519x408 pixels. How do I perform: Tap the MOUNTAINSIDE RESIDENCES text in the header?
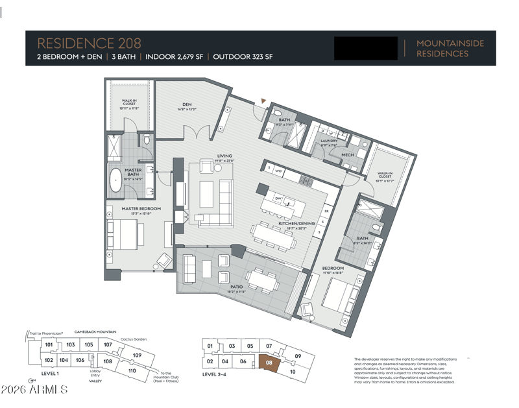click(450, 48)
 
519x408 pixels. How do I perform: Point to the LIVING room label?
click(224, 156)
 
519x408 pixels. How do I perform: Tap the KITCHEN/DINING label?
click(296, 223)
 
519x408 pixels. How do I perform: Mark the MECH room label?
click(348, 155)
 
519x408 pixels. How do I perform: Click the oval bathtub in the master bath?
click(117, 179)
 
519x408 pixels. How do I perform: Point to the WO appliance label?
click(278, 171)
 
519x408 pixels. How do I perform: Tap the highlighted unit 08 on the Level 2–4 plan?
click(269, 363)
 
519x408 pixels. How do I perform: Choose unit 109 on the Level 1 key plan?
click(137, 355)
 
